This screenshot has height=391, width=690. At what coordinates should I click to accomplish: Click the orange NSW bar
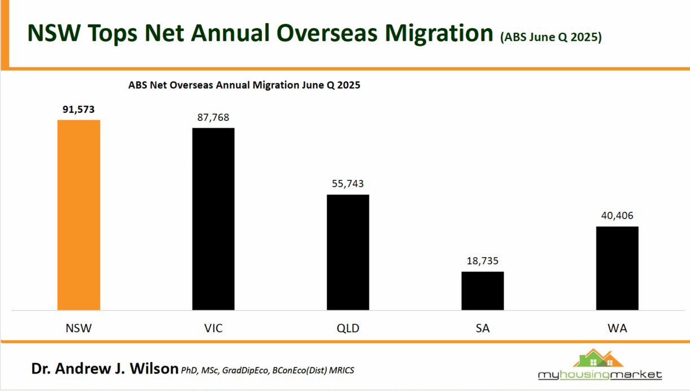(78, 215)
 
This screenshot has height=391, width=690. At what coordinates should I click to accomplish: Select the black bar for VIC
(213, 219)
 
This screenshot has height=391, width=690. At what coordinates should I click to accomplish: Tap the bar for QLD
(348, 252)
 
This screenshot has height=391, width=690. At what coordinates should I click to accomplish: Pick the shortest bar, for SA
(482, 290)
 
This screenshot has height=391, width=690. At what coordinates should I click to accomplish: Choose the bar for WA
(617, 268)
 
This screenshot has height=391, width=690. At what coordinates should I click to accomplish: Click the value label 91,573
(78, 110)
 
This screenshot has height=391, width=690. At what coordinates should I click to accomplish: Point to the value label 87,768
(213, 118)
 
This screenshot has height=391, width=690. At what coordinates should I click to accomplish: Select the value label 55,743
(348, 184)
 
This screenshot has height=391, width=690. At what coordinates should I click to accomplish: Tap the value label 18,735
(482, 261)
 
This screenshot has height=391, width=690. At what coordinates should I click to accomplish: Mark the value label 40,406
(617, 216)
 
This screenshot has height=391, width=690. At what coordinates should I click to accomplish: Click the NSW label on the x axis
(78, 328)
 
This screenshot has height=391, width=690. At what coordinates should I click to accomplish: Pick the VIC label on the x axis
(213, 328)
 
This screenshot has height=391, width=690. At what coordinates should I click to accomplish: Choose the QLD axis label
(348, 328)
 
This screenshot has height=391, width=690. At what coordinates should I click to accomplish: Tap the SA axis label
(482, 328)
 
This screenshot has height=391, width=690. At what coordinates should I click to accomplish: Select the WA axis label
(617, 328)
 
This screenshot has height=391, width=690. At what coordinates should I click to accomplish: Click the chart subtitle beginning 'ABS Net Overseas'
(244, 86)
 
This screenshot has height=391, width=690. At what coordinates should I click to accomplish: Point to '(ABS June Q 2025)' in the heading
(551, 38)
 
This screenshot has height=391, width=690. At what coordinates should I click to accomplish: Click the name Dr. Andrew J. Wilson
(104, 369)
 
